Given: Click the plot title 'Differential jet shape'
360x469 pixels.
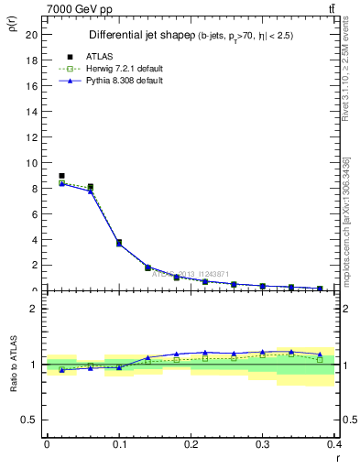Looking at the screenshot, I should [x=136, y=36].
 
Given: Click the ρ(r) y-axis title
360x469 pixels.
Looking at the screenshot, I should [x=11, y=26].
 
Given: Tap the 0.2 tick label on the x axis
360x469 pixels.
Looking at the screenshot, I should [x=191, y=443].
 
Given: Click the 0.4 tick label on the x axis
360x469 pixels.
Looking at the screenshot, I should [x=336, y=443].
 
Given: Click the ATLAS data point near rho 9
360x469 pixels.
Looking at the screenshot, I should [x=61, y=176].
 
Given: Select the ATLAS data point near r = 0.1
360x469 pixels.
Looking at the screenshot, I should [x=119, y=242].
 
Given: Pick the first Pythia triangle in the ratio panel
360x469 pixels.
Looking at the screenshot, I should [x=61, y=370].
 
